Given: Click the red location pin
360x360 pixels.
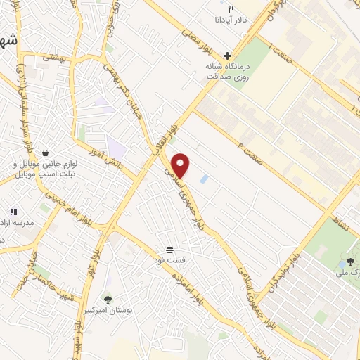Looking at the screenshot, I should click(182, 165).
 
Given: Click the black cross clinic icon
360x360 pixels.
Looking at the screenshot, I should click(227, 55).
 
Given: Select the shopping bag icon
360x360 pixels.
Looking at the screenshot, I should click(46, 152).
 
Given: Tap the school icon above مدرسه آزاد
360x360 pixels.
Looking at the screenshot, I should click(13, 211).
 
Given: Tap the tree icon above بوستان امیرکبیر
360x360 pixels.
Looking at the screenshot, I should click(108, 299).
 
